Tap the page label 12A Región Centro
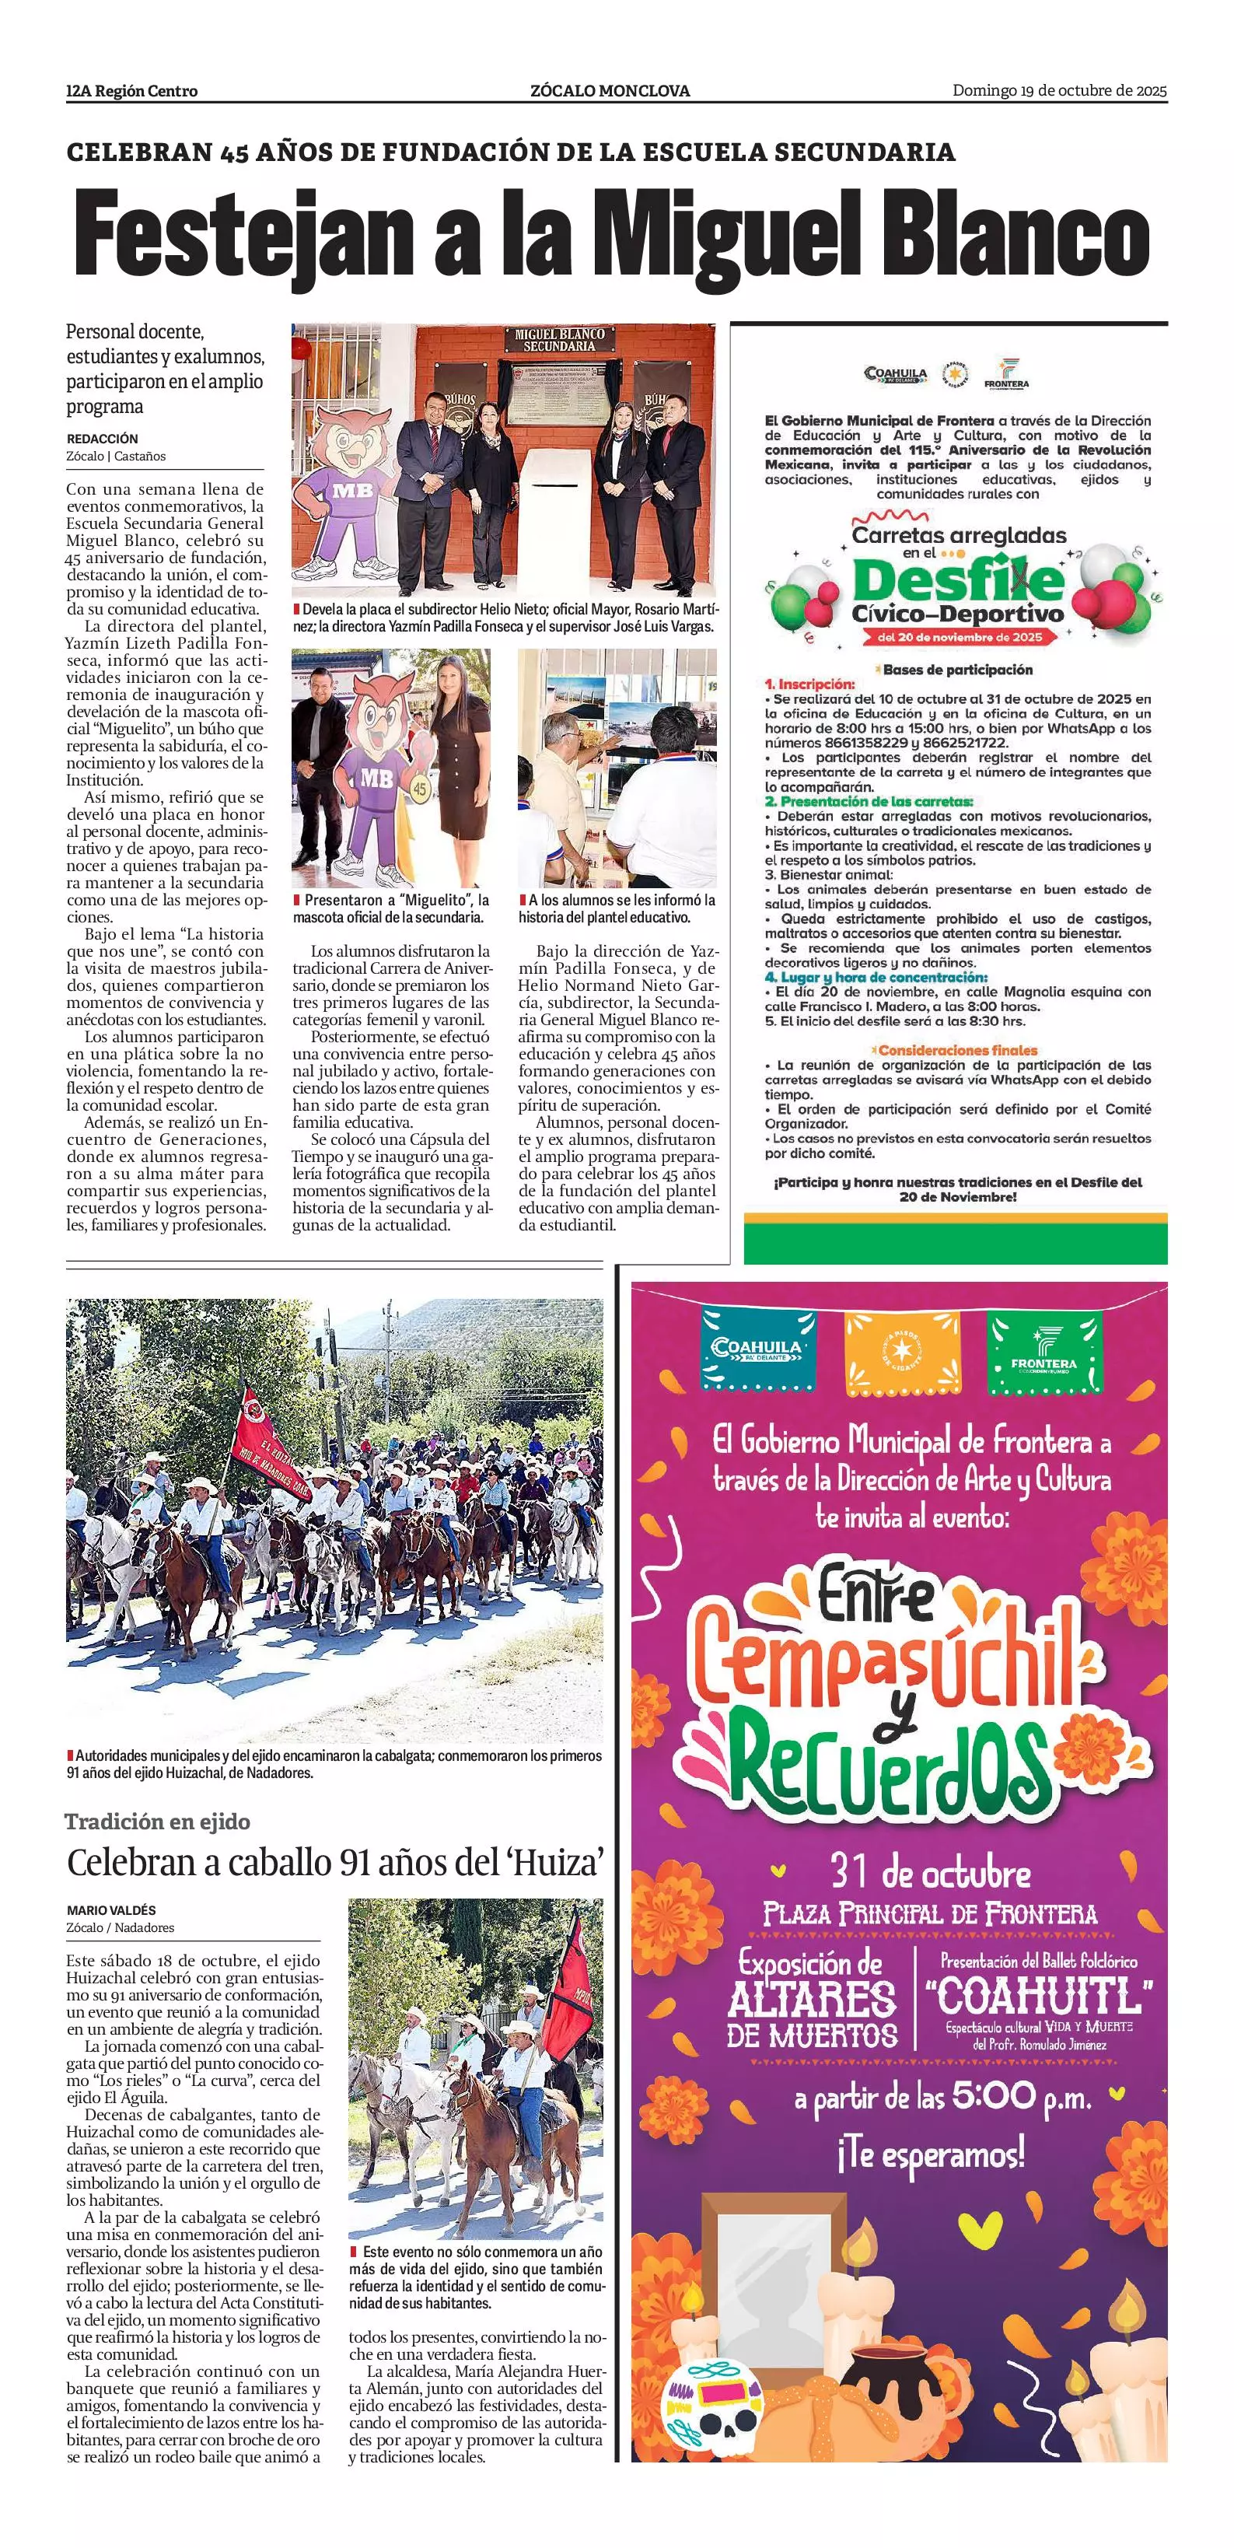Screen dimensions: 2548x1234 131,91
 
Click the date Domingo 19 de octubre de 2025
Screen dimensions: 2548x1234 1059,91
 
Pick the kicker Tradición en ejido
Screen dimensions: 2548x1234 157,1821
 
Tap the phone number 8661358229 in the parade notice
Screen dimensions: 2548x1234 862,742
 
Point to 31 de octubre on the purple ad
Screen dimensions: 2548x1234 929,1872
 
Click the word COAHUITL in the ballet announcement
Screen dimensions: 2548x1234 1037,1996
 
